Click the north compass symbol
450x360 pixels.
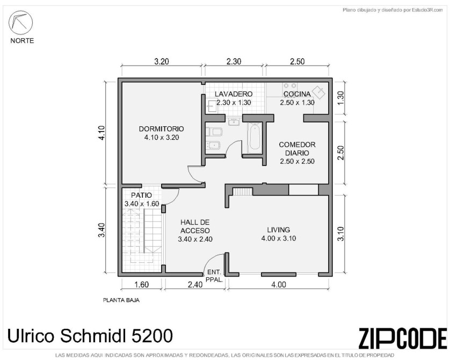coord(20,23)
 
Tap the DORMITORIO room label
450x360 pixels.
coord(161,129)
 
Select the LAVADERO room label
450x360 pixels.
coord(234,94)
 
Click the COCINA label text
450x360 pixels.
coord(297,94)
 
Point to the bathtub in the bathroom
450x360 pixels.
coord(255,136)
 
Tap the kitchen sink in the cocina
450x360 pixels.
coord(319,92)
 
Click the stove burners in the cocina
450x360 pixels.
coord(290,86)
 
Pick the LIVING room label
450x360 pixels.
coord(278,229)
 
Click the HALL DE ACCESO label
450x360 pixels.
coord(195,226)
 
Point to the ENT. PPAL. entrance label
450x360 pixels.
coord(214,276)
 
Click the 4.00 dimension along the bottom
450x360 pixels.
coord(279,284)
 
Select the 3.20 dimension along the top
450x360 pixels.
coord(162,61)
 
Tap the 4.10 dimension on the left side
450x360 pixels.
coord(102,133)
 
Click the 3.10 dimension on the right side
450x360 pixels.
coord(340,234)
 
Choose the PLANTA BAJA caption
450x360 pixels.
coord(121,300)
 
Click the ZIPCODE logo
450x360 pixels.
coord(403,337)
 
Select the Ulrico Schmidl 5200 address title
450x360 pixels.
coord(90,336)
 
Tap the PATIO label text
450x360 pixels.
coord(141,195)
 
